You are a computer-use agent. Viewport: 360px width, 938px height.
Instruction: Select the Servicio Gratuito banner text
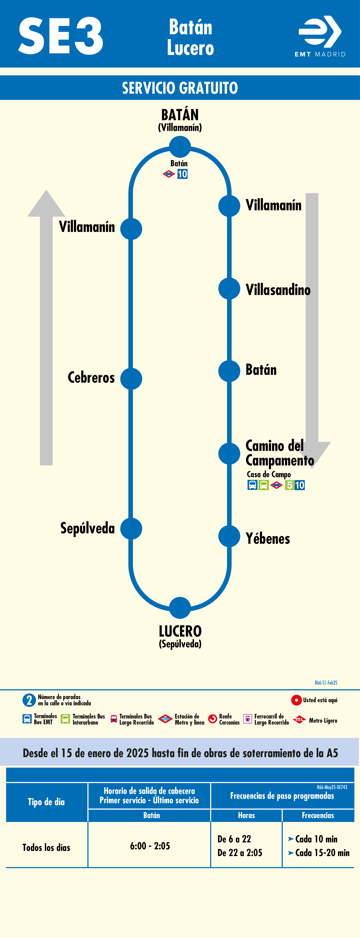(x=180, y=88)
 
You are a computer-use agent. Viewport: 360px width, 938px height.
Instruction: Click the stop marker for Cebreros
(x=131, y=379)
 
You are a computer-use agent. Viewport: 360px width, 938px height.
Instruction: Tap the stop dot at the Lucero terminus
(x=180, y=608)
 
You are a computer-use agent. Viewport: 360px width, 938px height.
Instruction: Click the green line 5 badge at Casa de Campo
(x=289, y=485)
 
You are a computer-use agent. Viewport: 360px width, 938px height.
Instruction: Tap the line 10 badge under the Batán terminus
(x=182, y=174)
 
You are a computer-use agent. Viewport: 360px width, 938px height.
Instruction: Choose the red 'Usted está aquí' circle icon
(x=296, y=700)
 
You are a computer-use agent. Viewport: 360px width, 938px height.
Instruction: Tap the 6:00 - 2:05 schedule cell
(x=150, y=846)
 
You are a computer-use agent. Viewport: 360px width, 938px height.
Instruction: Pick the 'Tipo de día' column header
(x=46, y=802)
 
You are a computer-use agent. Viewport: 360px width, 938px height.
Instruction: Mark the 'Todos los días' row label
(x=46, y=847)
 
